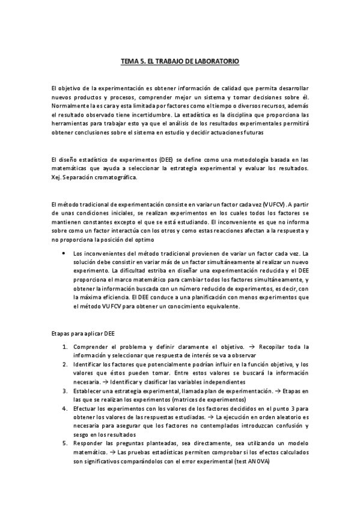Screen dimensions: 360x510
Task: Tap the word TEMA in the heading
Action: [x=128, y=62]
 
